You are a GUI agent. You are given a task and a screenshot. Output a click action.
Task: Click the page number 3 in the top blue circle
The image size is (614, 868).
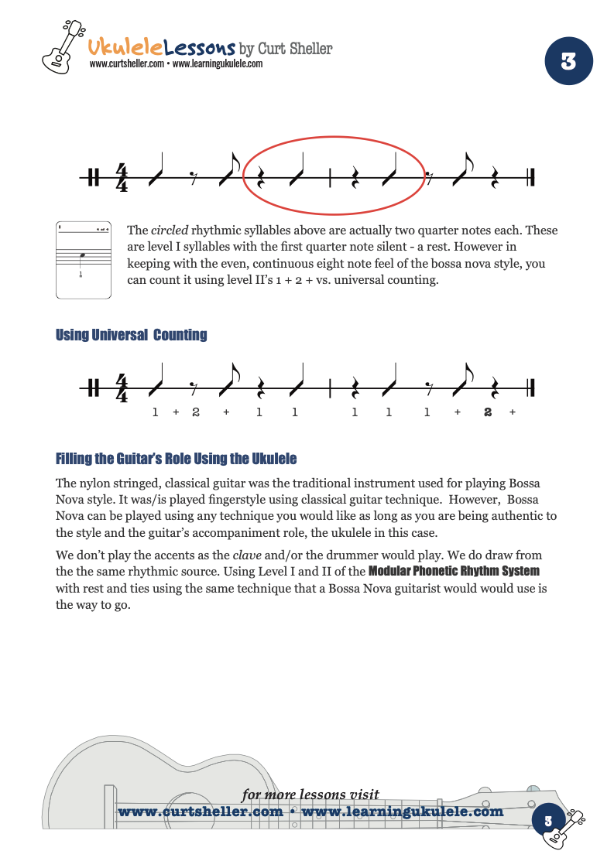(x=568, y=62)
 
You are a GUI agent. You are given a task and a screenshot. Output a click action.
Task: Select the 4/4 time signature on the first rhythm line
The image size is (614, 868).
(x=122, y=177)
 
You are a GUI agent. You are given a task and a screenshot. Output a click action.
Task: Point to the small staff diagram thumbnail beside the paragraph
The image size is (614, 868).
(x=85, y=259)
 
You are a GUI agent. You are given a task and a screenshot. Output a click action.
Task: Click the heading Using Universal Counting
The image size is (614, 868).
(x=131, y=335)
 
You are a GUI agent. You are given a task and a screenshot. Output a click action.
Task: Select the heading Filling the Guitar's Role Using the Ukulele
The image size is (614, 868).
(x=176, y=459)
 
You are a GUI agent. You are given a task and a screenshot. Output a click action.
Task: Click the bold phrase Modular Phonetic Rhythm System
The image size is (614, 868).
(x=454, y=571)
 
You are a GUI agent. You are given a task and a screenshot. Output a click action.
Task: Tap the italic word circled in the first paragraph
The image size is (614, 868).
(x=168, y=231)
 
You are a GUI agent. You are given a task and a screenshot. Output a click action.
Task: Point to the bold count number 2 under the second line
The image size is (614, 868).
(x=488, y=412)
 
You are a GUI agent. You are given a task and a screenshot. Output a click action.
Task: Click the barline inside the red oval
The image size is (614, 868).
(x=331, y=177)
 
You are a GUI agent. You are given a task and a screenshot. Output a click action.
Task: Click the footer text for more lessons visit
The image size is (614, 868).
(x=310, y=795)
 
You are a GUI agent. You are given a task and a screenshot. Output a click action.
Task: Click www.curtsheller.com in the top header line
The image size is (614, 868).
(x=126, y=64)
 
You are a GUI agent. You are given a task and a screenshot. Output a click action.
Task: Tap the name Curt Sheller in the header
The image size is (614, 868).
(x=295, y=49)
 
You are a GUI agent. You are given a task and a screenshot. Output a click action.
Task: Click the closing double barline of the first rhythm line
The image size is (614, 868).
(x=530, y=177)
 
